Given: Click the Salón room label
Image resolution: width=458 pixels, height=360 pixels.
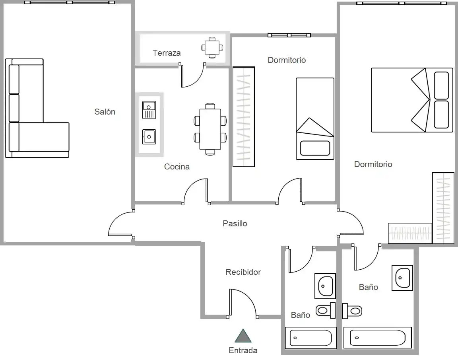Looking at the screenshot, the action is click(x=105, y=112).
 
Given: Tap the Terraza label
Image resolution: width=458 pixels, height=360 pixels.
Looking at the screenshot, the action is click(x=167, y=53).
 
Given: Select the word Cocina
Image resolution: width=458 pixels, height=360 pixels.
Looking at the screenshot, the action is click(x=177, y=167).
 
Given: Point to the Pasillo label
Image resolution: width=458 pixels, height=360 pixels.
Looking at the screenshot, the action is click(x=235, y=224).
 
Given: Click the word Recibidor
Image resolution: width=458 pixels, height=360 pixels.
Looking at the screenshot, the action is click(x=243, y=272).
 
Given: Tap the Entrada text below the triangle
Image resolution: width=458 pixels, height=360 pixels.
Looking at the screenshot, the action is click(x=243, y=350).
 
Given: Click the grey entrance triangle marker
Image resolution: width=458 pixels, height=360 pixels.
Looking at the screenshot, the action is click(x=243, y=336).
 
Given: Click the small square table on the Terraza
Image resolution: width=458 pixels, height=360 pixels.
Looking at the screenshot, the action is click(x=212, y=47).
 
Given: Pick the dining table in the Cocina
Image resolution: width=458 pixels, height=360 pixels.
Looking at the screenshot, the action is click(x=210, y=129).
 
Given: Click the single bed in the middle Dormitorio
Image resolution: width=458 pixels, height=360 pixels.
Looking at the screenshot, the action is click(x=315, y=119).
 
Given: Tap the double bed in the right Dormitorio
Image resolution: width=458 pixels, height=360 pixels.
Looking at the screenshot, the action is click(x=412, y=100).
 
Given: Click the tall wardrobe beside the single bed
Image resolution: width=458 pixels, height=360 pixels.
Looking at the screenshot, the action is click(x=244, y=117).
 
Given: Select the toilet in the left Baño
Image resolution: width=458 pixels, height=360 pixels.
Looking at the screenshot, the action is click(x=326, y=310).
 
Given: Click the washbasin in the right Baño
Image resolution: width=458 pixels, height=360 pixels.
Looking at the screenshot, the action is click(x=402, y=278).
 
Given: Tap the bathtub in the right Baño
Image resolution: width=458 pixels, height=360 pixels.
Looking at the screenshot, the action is click(x=377, y=338).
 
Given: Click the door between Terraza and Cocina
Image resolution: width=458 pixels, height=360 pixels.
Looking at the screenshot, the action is click(x=192, y=75).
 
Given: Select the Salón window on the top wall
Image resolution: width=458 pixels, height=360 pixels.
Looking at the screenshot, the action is click(x=70, y=2).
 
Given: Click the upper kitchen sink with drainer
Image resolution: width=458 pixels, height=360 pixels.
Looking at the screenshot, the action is click(x=149, y=110).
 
